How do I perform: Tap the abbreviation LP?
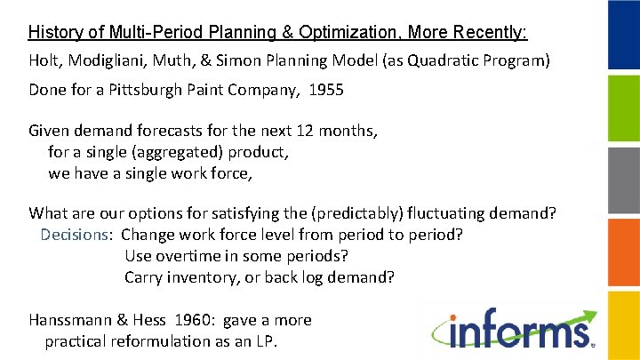click(x=262, y=341)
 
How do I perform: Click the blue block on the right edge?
click(x=623, y=35)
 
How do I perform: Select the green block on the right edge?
click(x=623, y=108)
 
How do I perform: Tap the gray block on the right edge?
click(x=623, y=180)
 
